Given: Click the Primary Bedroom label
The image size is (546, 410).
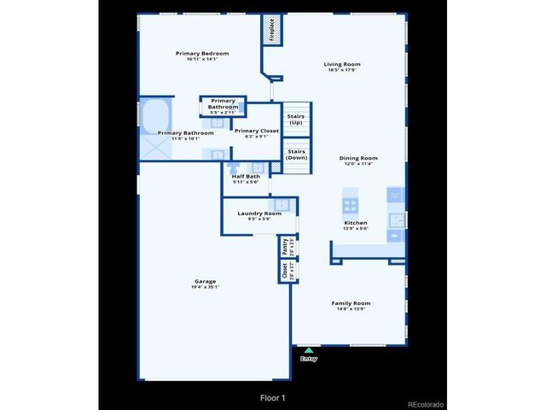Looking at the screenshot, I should click(202, 54).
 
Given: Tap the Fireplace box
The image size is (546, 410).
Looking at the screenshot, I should click(272, 30).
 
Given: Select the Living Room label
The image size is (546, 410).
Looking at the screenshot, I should click(342, 64).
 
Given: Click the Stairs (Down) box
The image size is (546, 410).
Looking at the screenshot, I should click(296, 155).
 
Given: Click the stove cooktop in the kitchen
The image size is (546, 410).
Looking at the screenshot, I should click(350, 205).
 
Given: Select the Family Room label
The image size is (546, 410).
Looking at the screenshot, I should click(351, 303).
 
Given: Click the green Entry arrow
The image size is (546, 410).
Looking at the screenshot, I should click(309, 349).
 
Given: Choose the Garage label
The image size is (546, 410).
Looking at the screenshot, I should click(205, 281).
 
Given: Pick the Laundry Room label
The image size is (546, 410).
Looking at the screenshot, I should click(259, 213).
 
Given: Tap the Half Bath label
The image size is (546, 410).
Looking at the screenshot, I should click(246, 176).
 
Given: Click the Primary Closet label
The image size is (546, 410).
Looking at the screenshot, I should click(257, 131).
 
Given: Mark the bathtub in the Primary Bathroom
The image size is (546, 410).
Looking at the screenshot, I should click(155, 115).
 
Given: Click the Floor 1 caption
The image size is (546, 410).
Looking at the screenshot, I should click(273, 397).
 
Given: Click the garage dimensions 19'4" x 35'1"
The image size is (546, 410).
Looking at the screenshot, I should click(205, 287).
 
